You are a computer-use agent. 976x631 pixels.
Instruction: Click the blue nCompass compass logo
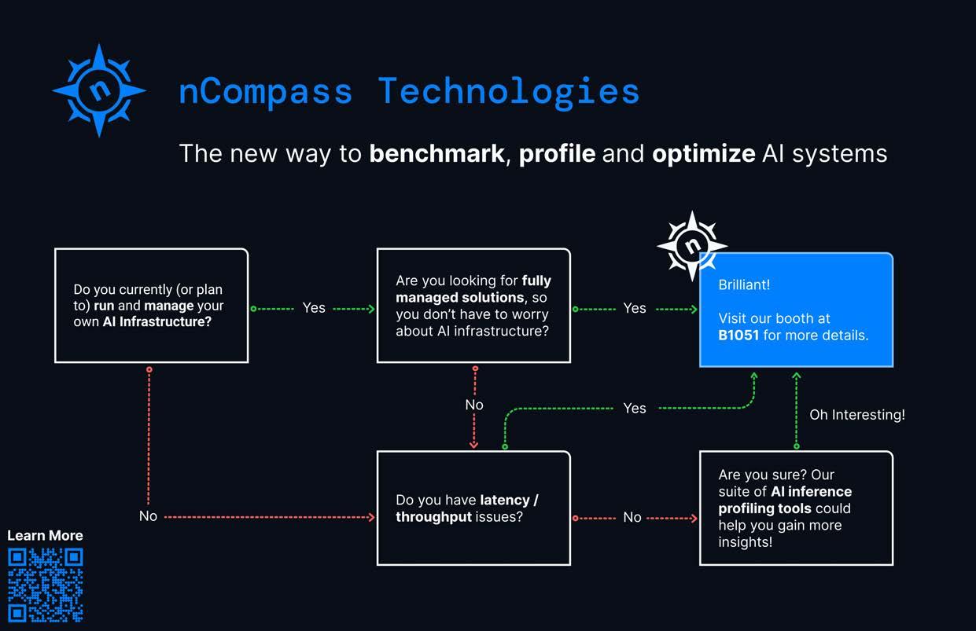[x=99, y=90]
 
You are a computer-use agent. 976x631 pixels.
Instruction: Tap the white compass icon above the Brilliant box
[x=691, y=245]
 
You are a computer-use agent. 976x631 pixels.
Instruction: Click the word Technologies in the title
[x=508, y=91]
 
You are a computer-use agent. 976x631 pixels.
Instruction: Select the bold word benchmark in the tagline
[x=436, y=152]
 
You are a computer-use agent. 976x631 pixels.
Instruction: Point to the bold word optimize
[x=703, y=152]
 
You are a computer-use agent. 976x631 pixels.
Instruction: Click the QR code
[x=45, y=585]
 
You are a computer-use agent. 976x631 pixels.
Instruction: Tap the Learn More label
[x=45, y=535]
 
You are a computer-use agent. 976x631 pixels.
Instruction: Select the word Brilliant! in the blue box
[x=744, y=284]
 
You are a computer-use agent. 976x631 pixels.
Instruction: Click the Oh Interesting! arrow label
[x=857, y=414]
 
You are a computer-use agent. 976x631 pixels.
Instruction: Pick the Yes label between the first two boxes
[x=314, y=308]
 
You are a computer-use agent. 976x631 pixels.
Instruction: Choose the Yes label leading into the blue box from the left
[x=635, y=308]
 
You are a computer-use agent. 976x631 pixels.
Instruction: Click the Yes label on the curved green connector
[x=635, y=408]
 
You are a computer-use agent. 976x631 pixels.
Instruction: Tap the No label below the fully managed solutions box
[x=474, y=405]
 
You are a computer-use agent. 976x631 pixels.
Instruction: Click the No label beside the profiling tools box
[x=632, y=517]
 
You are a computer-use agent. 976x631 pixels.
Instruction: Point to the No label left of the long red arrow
[x=148, y=516]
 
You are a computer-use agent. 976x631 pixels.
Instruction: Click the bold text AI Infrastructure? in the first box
[x=157, y=322]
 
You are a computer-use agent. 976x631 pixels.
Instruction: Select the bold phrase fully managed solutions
[x=472, y=289]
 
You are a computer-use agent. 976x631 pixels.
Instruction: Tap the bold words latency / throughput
[x=466, y=508]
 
